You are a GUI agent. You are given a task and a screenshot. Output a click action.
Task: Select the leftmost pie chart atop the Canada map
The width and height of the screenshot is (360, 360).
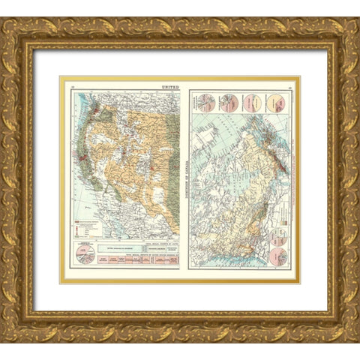click(205, 103)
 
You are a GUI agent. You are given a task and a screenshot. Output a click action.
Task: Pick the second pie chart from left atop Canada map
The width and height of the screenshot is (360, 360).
click(227, 103)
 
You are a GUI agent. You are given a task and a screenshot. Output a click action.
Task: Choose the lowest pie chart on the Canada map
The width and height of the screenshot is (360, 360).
click(278, 256)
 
